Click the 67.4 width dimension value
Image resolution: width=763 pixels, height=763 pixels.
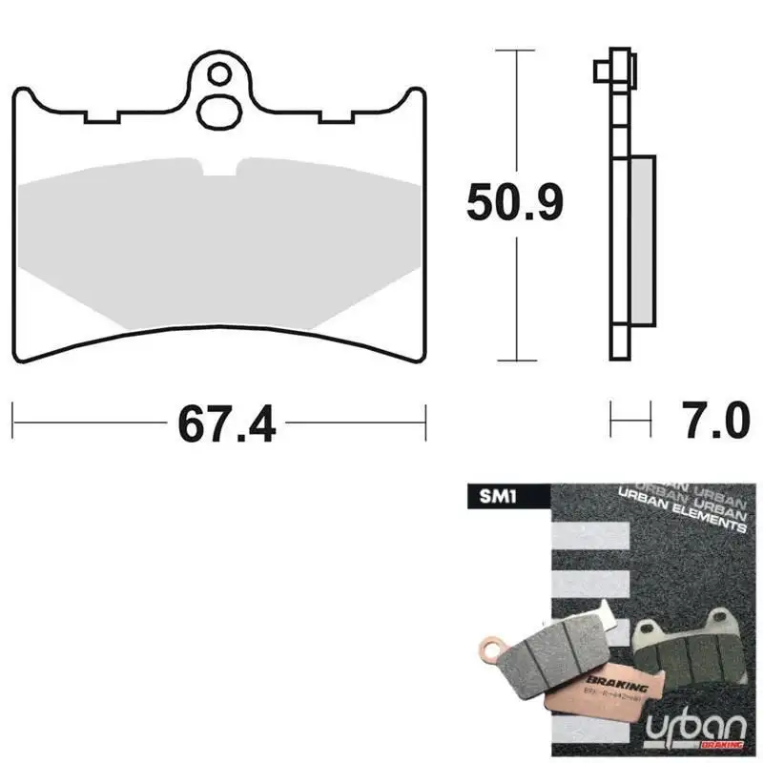click(226, 422)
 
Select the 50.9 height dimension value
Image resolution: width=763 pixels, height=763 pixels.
click(516, 203)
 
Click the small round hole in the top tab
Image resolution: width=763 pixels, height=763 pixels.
click(220, 72)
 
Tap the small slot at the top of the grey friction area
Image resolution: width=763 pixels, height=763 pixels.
click(221, 167)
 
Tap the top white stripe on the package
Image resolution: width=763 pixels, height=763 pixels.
click(590, 535)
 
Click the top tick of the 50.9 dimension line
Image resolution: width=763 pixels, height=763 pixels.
click(516, 48)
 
